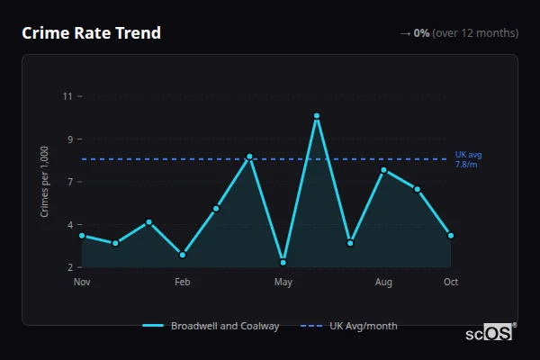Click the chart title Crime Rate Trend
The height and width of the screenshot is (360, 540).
(x=92, y=33)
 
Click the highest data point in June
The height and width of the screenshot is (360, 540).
(x=317, y=116)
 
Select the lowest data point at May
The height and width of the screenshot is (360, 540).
(x=283, y=262)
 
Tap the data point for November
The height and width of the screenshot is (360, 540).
(x=82, y=236)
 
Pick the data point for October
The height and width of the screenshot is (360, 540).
(x=451, y=236)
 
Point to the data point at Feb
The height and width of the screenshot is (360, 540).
(x=183, y=255)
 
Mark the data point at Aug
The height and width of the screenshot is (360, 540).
(x=384, y=170)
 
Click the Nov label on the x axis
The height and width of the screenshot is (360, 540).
(x=82, y=283)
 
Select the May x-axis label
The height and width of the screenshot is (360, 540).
(x=283, y=283)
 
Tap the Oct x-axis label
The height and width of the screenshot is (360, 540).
(x=451, y=283)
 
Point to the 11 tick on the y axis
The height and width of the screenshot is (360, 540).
(x=67, y=96)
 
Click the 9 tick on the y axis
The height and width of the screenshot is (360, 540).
(x=69, y=139)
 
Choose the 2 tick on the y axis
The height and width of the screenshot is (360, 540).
(x=69, y=267)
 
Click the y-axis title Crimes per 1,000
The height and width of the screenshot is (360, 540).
(x=45, y=182)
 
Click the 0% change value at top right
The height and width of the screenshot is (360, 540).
(x=421, y=33)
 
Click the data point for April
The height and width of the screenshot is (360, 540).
(x=249, y=157)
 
